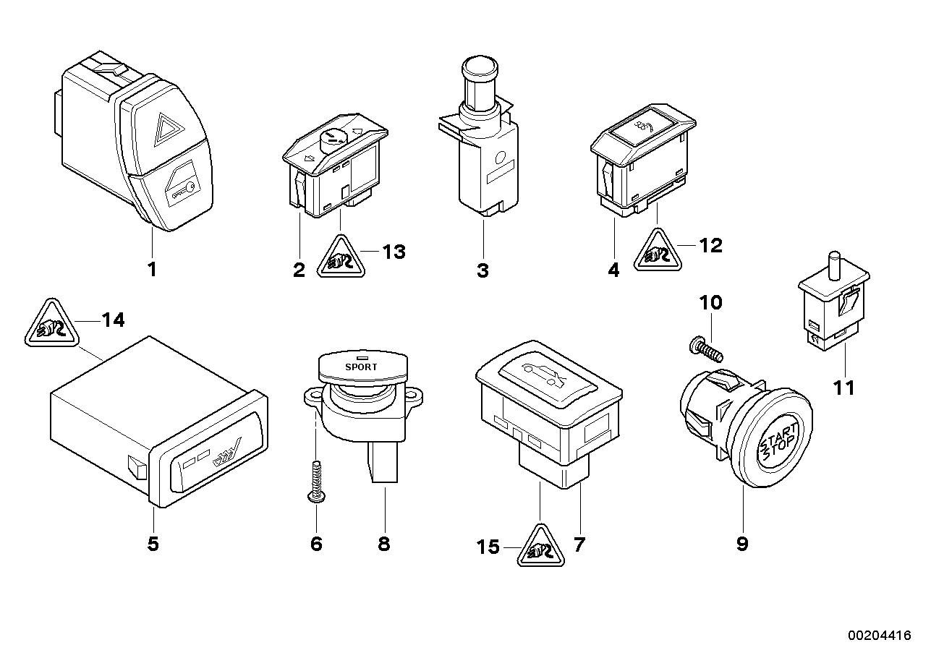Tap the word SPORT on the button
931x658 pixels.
[x=361, y=367]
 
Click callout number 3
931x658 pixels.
[x=482, y=271]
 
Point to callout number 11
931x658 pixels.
[x=844, y=388]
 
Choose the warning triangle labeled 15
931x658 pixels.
[x=540, y=548]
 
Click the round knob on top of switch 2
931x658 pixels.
[x=334, y=137]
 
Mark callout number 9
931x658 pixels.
[x=742, y=544]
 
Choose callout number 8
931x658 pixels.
[x=384, y=544]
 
